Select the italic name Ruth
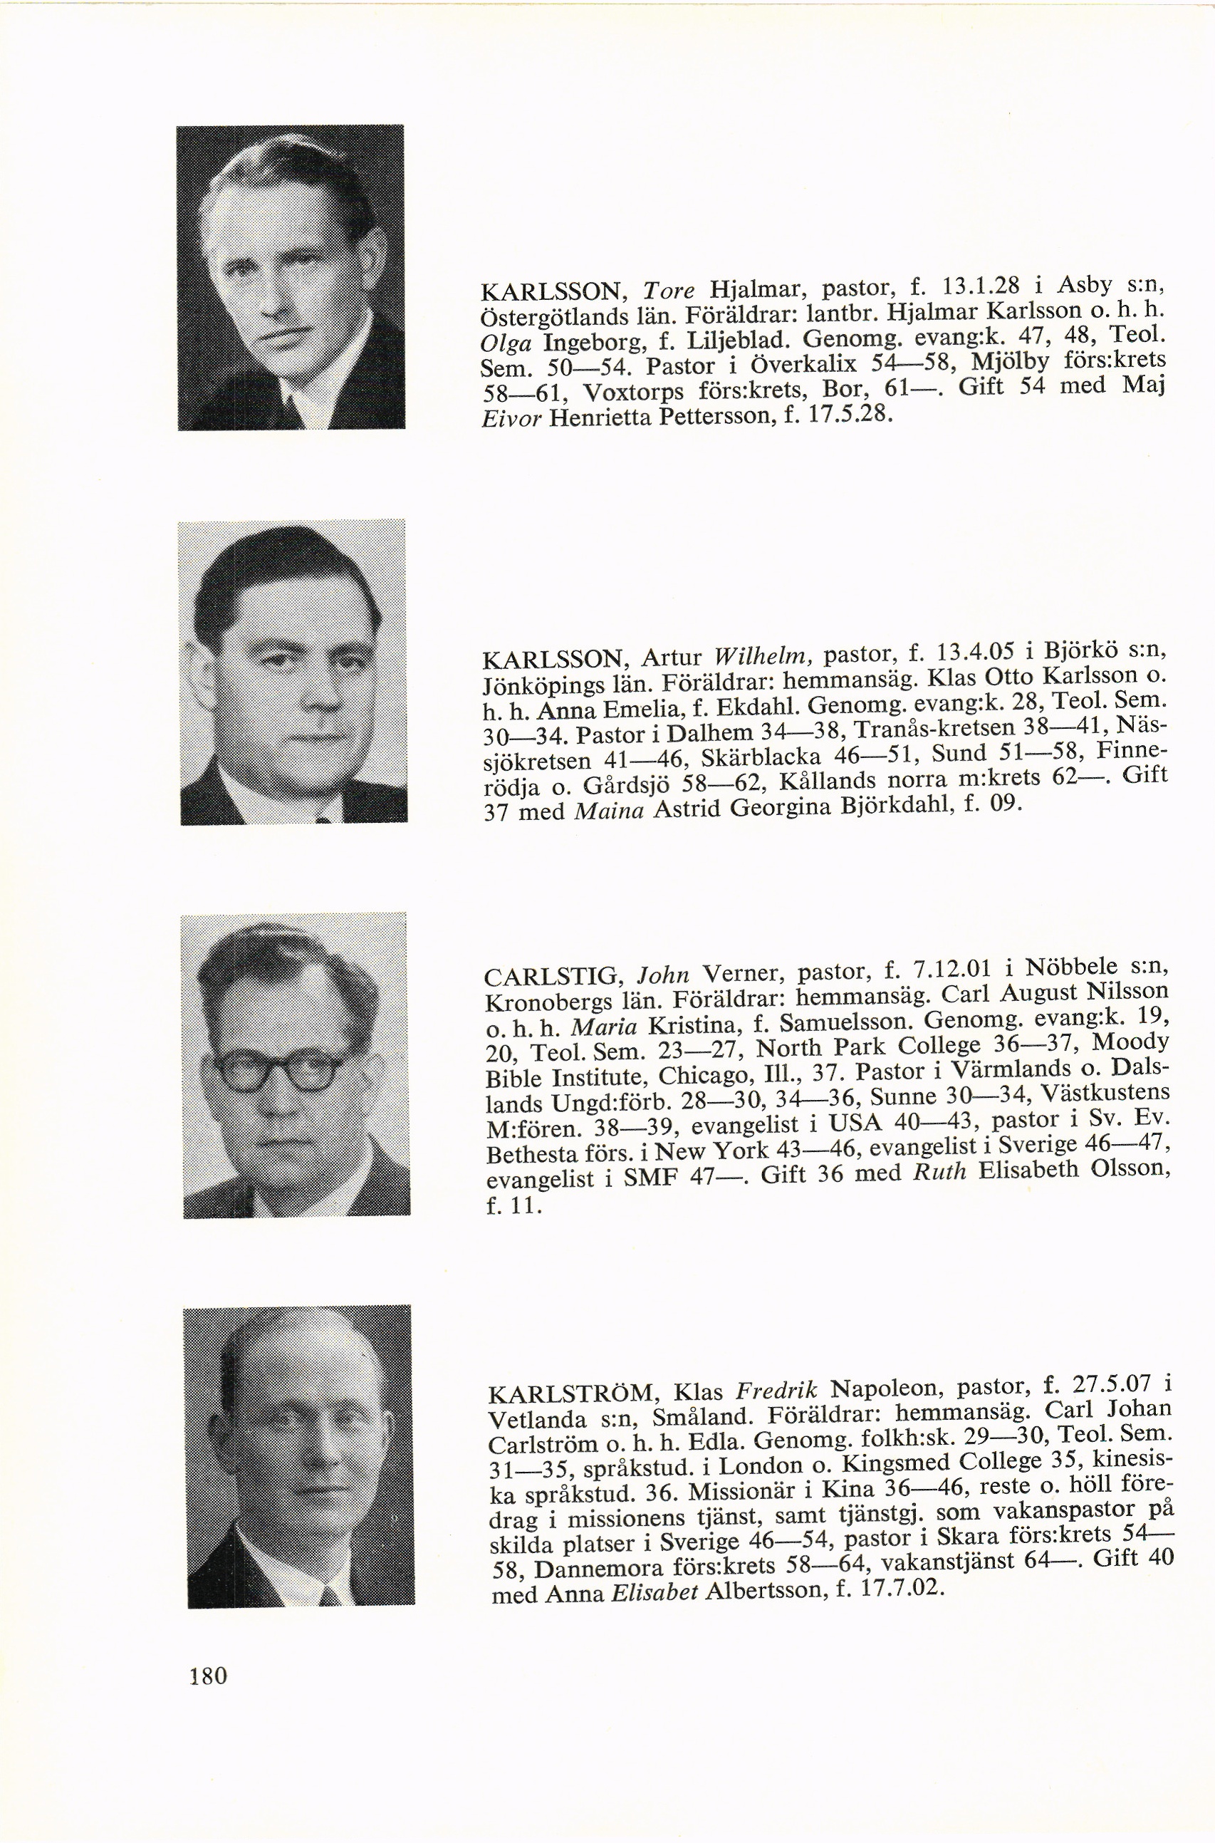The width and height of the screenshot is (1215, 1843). (940, 1173)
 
